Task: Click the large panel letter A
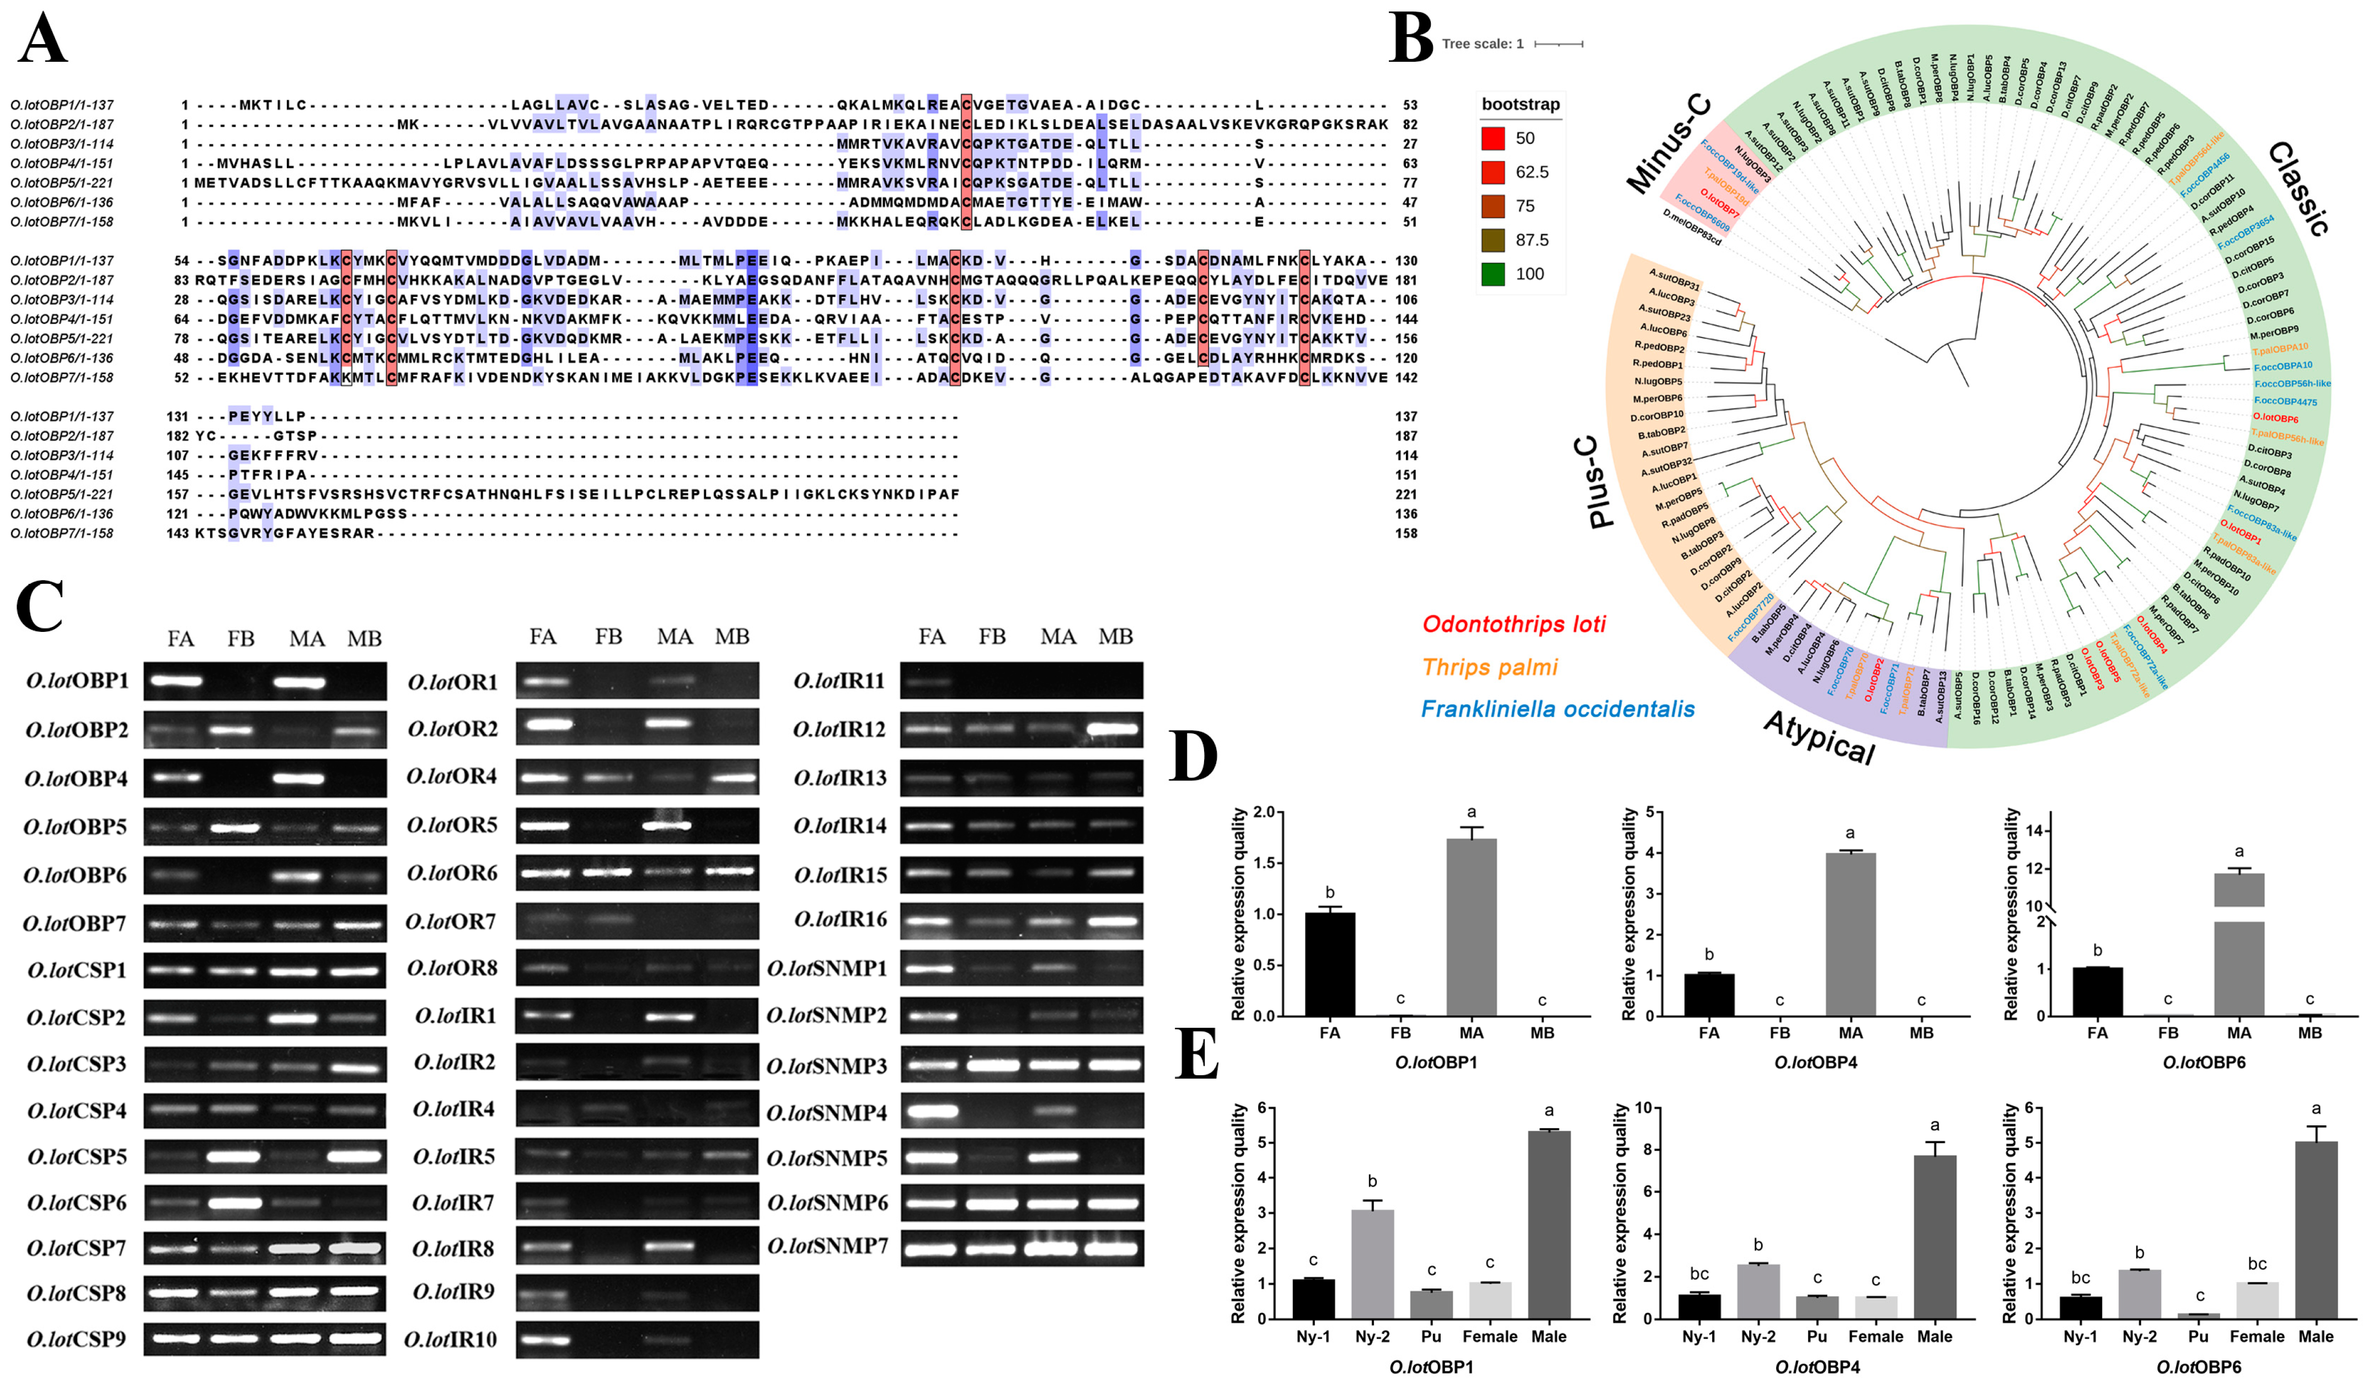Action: [42, 40]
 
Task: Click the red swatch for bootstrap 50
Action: [1493, 138]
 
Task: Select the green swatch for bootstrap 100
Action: [1493, 273]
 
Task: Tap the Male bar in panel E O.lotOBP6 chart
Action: [2315, 1230]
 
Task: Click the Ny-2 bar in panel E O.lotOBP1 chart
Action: [1372, 1264]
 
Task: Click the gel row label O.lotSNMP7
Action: [827, 1247]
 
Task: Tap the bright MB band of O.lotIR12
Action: [1115, 728]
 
